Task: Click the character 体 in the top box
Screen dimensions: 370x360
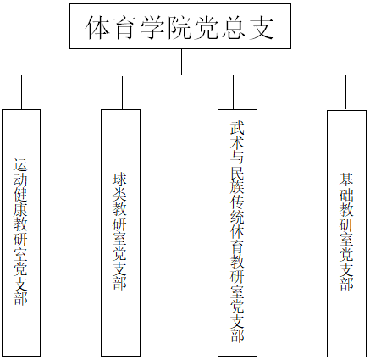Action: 97,27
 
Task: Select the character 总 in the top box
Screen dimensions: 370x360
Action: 235,27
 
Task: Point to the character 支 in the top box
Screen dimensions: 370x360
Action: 262,27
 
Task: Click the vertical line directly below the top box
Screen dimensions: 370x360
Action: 181,62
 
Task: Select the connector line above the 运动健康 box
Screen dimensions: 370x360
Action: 21,92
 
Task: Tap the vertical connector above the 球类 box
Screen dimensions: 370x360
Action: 122,92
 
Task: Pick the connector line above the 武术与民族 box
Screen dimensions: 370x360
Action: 233,92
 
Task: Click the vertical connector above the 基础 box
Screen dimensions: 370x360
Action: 345,92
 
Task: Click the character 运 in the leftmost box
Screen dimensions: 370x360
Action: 20,165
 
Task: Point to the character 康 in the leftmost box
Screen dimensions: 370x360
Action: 20,209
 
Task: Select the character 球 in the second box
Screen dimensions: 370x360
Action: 120,179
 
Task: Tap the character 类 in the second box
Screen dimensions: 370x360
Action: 120,194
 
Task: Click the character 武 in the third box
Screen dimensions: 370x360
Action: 237,128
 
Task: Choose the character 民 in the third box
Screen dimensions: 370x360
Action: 237,173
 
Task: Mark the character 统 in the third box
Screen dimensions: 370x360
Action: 237,218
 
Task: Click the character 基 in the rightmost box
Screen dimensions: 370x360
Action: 346,180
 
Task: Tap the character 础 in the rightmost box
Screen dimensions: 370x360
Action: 346,195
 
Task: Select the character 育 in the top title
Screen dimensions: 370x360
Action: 124,27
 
